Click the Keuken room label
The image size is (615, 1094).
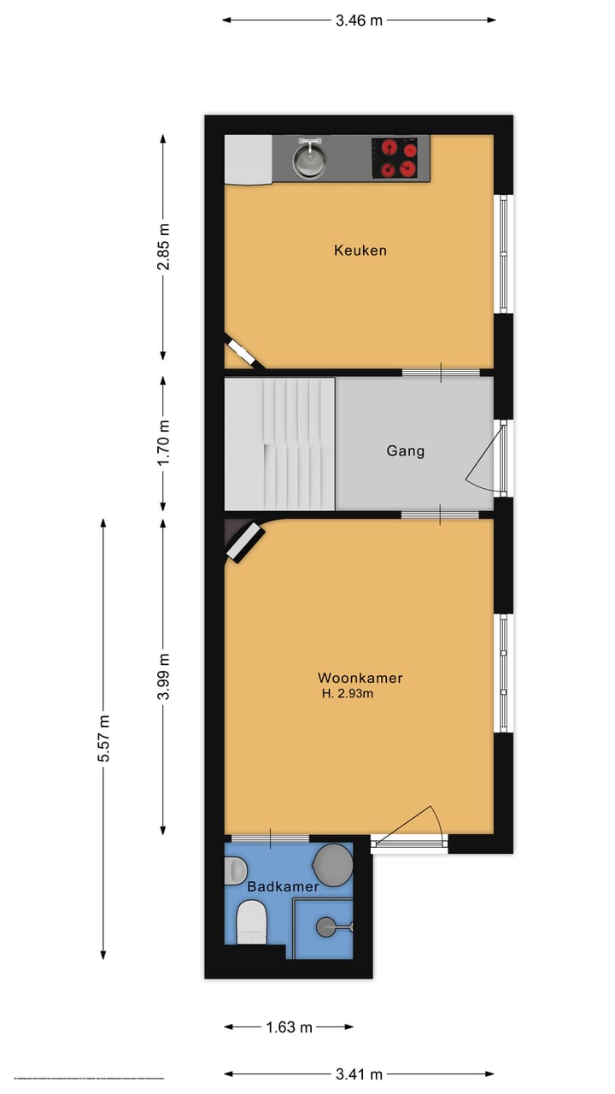(360, 250)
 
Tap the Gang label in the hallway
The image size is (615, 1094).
(405, 450)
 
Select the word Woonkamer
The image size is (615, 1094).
(360, 678)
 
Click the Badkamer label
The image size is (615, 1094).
(283, 886)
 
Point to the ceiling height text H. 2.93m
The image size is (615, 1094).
(348, 695)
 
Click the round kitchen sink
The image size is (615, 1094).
(308, 159)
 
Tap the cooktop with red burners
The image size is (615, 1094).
(400, 158)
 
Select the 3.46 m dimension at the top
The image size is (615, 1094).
(359, 21)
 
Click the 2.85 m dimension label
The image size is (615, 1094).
(163, 247)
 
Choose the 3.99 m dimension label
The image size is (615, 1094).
(163, 677)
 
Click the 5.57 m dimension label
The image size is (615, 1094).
(103, 738)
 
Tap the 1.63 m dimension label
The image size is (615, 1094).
(289, 1027)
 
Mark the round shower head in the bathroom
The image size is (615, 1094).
(328, 926)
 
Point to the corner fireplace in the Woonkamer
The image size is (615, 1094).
(245, 542)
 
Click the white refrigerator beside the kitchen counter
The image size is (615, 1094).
(248, 159)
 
